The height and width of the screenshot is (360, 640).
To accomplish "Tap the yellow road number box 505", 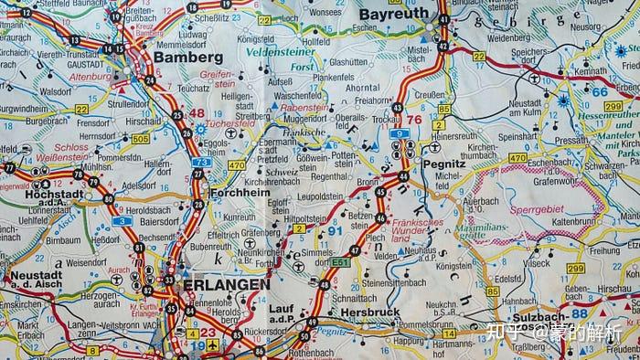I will [x=140, y=139].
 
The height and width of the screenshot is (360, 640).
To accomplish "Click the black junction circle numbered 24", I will [x=149, y=80].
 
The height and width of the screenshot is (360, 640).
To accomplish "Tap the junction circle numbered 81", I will [x=139, y=248].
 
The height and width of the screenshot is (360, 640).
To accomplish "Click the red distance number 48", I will [x=197, y=113].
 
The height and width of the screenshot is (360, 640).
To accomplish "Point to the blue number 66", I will [x=599, y=91].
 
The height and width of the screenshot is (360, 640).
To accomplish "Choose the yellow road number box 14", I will [x=450, y=334].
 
